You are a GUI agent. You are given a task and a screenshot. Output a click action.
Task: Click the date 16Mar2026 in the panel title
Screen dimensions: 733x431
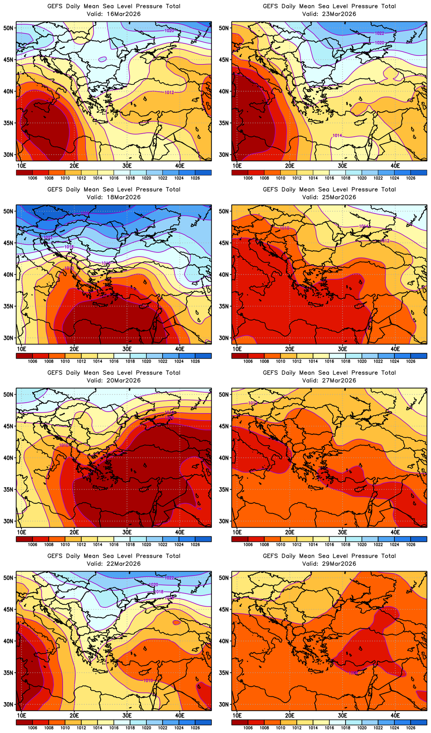124,14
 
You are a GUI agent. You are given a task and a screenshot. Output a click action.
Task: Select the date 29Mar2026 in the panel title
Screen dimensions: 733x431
340,564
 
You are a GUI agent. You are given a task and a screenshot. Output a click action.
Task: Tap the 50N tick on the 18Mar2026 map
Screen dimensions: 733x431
8,211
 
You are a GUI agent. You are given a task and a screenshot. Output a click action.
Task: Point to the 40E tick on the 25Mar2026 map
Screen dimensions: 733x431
395,349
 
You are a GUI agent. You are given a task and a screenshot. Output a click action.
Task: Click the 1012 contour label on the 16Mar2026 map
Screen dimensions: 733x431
169,93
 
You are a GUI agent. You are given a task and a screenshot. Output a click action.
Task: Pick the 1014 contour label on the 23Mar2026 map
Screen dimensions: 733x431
337,135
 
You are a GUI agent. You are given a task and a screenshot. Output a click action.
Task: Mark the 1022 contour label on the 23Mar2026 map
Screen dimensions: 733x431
379,34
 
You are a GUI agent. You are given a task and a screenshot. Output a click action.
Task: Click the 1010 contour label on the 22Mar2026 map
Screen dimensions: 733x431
148,681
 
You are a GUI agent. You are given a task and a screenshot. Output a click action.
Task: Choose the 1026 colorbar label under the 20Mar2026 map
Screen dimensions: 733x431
195,544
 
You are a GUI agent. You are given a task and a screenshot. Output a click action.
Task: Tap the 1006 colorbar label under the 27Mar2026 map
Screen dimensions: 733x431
248,544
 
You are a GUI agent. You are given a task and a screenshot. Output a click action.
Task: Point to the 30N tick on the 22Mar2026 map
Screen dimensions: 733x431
8,704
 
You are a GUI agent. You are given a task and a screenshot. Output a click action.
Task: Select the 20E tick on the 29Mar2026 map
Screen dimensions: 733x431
290,715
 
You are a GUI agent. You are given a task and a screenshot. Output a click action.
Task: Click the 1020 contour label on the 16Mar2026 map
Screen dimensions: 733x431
169,30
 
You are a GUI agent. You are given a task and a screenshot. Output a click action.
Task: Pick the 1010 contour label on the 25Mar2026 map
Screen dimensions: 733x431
284,228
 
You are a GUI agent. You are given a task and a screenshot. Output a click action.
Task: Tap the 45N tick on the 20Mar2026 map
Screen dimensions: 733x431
8,426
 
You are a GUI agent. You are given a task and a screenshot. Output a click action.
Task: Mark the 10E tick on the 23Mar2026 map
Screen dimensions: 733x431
237,165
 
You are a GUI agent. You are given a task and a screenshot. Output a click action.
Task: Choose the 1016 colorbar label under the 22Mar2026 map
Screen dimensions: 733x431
114,728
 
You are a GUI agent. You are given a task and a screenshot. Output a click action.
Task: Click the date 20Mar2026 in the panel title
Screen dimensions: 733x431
124,380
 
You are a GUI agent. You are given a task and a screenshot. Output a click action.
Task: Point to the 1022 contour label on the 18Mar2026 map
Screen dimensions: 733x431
48,237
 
